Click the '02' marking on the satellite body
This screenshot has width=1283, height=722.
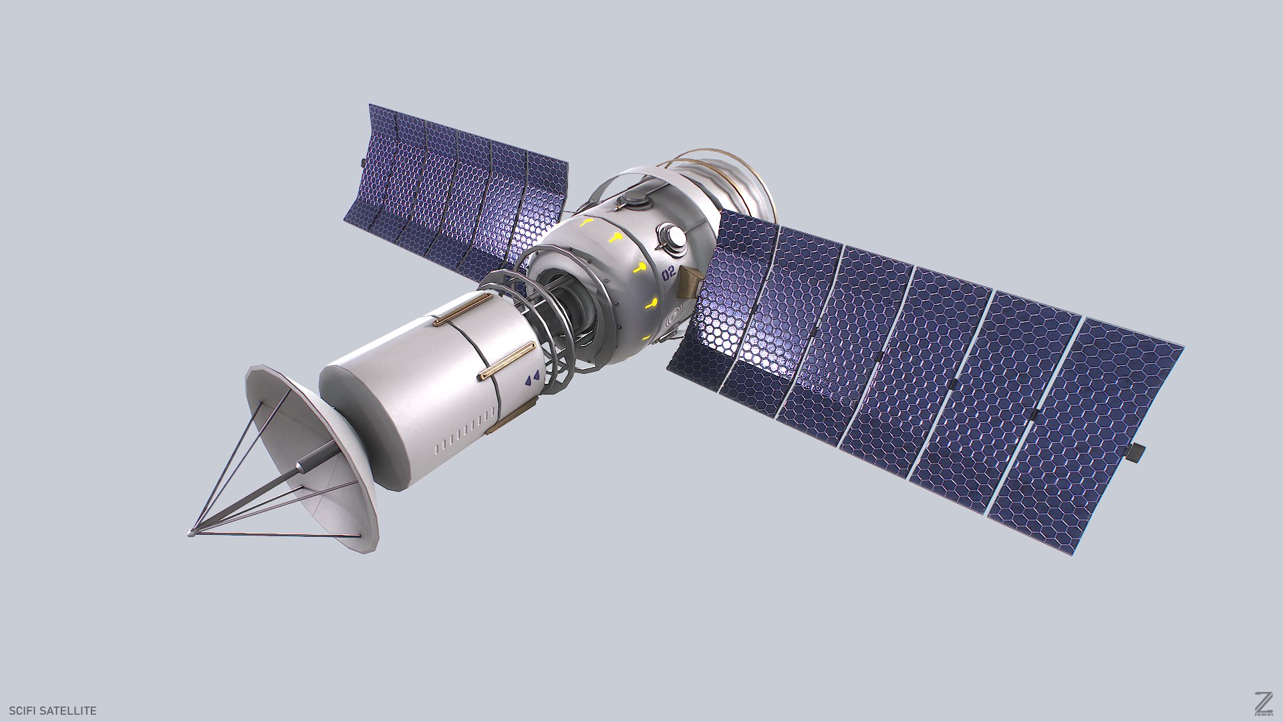(668, 273)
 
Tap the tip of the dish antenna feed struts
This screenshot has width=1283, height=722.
(192, 533)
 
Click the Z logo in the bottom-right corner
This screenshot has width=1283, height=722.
(1263, 701)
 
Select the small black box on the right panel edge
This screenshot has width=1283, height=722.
(1136, 453)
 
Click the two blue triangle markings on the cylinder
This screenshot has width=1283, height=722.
(532, 380)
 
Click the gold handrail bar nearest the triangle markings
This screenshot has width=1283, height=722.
(507, 362)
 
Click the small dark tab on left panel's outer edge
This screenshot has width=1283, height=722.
(363, 162)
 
